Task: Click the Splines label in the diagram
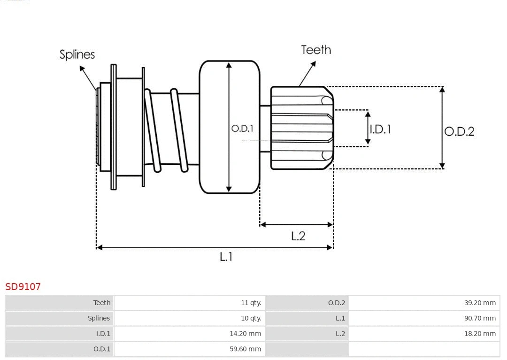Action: (77, 54)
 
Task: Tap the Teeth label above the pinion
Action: (315, 50)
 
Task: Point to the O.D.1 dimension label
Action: (242, 128)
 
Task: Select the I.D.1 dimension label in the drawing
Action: (380, 129)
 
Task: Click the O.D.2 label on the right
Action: (459, 131)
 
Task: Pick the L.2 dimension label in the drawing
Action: (298, 236)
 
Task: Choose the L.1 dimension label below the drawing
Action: (226, 256)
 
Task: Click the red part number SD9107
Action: (23, 286)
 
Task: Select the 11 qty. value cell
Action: (251, 303)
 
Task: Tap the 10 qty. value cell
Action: (251, 318)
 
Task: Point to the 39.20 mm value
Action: (480, 303)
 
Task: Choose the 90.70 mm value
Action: (480, 318)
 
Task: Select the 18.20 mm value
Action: (480, 334)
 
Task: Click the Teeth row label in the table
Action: (102, 303)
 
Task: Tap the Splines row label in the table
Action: (99, 318)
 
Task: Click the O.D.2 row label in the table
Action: (336, 303)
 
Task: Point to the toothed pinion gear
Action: (301, 128)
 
